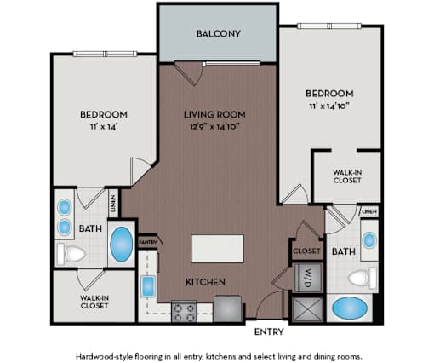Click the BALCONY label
pyautogui.click(x=219, y=34)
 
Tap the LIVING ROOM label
pyautogui.click(x=214, y=114)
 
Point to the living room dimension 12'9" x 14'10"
pyautogui.click(x=214, y=126)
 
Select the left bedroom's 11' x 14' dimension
pyautogui.click(x=104, y=126)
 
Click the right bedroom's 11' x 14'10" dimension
pyautogui.click(x=329, y=106)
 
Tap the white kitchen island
pyautogui.click(x=218, y=249)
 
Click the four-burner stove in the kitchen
pyautogui.click(x=184, y=312)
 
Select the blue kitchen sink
pyautogui.click(x=148, y=286)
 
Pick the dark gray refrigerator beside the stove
pyautogui.click(x=228, y=308)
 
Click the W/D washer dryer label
pyautogui.click(x=308, y=278)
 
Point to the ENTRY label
pyautogui.click(x=269, y=331)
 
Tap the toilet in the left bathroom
pyautogui.click(x=71, y=254)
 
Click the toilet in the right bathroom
pyautogui.click(x=363, y=278)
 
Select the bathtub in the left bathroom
pyautogui.click(x=122, y=244)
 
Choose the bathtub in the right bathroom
pyautogui.click(x=350, y=308)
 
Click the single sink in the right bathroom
pyautogui.click(x=369, y=240)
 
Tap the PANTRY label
pyautogui.click(x=147, y=242)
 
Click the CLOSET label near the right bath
pyautogui.click(x=306, y=251)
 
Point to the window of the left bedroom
pyautogui.click(x=106, y=54)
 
